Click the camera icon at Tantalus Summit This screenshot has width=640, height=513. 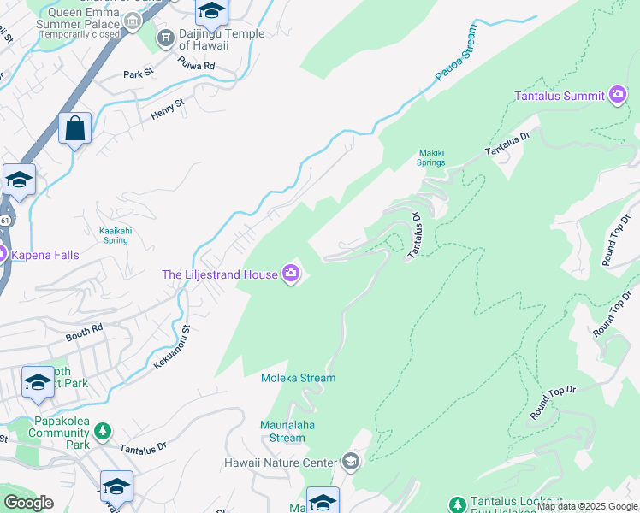pyautogui.click(x=618, y=95)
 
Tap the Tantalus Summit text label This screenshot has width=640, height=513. pyautogui.click(x=559, y=95)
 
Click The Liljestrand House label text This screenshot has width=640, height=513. pyautogui.click(x=220, y=274)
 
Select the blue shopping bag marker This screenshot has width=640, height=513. pyautogui.click(x=75, y=130)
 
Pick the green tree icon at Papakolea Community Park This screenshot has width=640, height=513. pyautogui.click(x=103, y=432)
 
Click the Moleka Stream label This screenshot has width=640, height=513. pyautogui.click(x=298, y=378)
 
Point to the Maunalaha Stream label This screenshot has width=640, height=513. pyautogui.click(x=282, y=431)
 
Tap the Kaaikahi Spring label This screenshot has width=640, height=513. pyautogui.click(x=114, y=235)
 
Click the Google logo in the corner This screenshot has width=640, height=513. pyautogui.click(x=28, y=502)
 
